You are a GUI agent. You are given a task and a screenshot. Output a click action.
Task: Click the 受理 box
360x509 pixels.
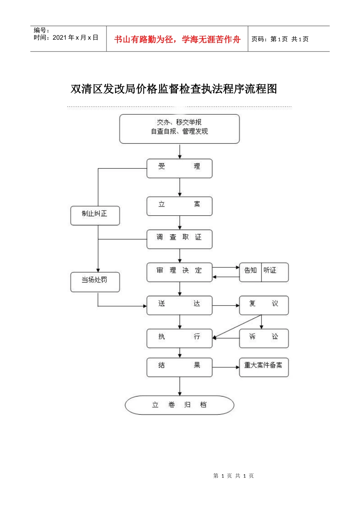tap(179, 168)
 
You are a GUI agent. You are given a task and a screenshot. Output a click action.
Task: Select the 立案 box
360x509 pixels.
tap(179, 206)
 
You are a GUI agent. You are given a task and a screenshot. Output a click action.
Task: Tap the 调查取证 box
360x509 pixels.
tap(179, 239)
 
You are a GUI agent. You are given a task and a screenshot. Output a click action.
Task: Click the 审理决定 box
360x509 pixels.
tap(179, 272)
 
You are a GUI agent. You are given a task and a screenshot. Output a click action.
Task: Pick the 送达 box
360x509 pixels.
tap(179, 305)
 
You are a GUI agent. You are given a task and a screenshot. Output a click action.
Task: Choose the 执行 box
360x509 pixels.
tap(179, 338)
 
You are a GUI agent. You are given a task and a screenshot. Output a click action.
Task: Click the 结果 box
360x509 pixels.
tap(179, 367)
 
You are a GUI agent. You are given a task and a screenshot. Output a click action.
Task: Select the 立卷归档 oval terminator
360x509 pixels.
tap(179, 405)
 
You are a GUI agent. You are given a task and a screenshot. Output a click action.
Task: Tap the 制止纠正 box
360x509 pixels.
tap(95, 215)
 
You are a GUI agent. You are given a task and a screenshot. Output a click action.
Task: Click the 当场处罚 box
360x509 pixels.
tap(95, 282)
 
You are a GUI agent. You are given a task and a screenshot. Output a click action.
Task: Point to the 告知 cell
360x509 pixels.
tap(250, 272)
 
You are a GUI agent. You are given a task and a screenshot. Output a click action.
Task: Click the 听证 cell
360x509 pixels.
tap(274, 272)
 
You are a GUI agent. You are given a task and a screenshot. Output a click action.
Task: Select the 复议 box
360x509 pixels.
tap(264, 305)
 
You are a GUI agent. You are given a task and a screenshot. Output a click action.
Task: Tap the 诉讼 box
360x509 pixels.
tap(264, 338)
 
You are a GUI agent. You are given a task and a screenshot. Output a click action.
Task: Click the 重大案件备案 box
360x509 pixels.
tap(264, 367)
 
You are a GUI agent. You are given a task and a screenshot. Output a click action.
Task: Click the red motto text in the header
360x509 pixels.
tap(177, 39)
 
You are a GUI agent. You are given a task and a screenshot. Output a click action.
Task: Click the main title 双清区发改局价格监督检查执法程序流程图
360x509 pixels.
tap(174, 89)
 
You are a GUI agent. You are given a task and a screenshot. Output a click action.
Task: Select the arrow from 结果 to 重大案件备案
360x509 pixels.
tap(225, 367)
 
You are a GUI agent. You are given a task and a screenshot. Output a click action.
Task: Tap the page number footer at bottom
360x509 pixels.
tap(233, 476)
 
